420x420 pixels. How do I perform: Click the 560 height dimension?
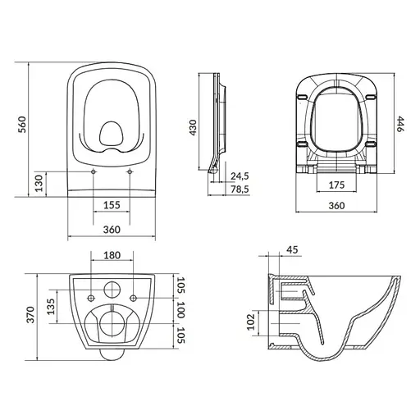[22, 125]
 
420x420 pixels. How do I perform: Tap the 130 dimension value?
[39, 183]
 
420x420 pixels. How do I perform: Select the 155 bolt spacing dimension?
[112, 205]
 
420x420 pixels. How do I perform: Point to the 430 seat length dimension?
[193, 127]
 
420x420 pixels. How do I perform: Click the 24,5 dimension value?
[240, 176]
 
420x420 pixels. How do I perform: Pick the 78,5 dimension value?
[240, 189]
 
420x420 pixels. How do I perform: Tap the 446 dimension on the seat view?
[400, 124]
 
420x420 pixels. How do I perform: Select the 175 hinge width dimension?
[336, 185]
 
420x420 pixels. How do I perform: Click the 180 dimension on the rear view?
[112, 255]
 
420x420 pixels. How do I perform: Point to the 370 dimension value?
[30, 315]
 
